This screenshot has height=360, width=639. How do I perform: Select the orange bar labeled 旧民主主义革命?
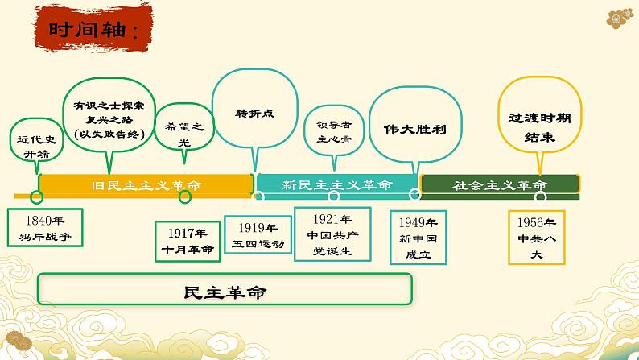point(146,185)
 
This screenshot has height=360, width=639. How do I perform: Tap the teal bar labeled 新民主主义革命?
point(337,185)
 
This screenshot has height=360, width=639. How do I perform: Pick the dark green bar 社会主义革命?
point(499,185)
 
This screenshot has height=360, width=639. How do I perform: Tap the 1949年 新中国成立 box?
point(414,237)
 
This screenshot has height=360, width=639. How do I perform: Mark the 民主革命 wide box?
point(225,291)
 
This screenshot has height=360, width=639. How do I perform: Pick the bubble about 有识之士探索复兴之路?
point(107,118)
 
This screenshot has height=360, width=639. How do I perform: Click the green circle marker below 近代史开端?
point(35,197)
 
